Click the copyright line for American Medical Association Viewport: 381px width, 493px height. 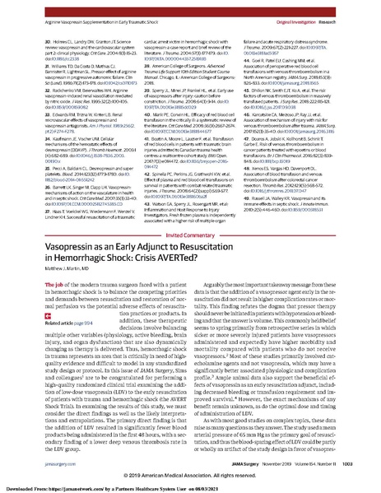pos(190,475)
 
